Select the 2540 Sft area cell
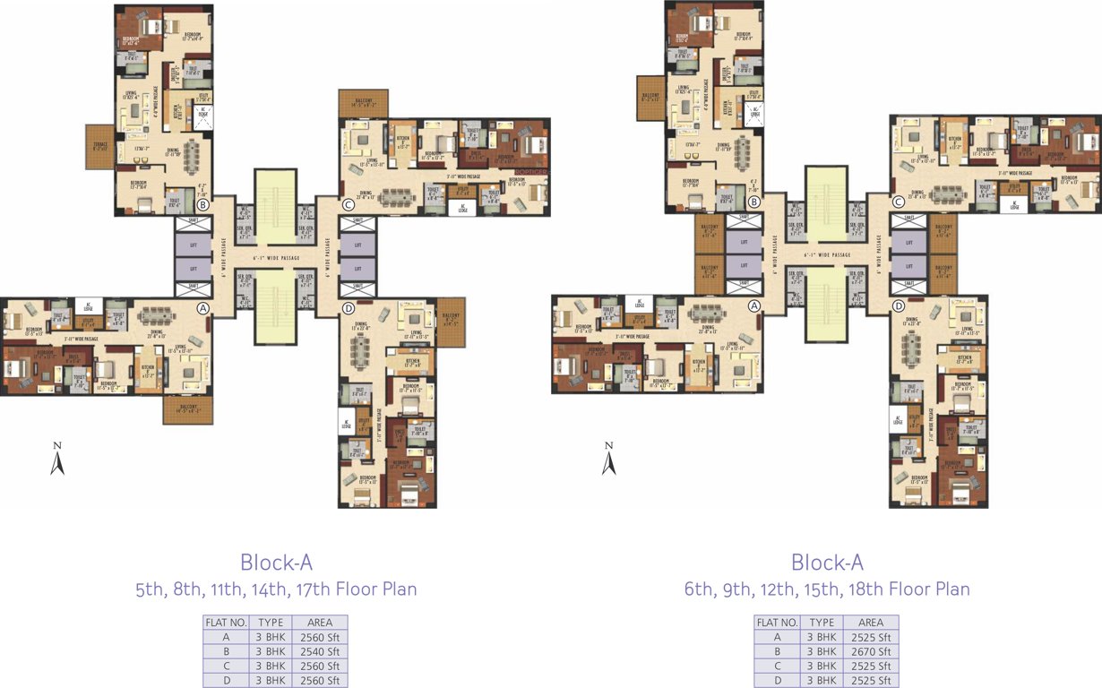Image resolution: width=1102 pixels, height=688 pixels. pyautogui.click(x=320, y=651)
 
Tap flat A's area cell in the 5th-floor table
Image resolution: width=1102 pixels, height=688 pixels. pyautogui.click(x=320, y=637)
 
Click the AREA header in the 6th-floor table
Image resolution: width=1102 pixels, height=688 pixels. pyautogui.click(x=871, y=622)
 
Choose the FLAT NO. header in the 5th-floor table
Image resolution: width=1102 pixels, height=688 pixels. pyautogui.click(x=226, y=622)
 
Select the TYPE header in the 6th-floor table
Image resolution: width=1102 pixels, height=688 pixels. pyautogui.click(x=822, y=622)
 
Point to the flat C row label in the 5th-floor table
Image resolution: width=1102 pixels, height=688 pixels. pyautogui.click(x=226, y=666)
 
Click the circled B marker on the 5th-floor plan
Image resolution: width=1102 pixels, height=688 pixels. pyautogui.click(x=203, y=205)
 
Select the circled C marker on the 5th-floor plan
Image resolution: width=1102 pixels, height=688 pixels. pyautogui.click(x=349, y=205)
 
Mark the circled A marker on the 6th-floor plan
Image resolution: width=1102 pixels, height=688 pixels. pyautogui.click(x=754, y=305)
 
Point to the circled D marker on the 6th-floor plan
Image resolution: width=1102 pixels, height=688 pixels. pyautogui.click(x=899, y=306)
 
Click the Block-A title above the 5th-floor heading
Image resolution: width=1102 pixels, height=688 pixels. pyautogui.click(x=276, y=563)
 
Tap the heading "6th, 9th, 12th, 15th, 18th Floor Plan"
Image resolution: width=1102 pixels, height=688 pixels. pyautogui.click(x=827, y=589)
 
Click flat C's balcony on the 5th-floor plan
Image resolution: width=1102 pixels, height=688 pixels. pyautogui.click(x=364, y=103)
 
